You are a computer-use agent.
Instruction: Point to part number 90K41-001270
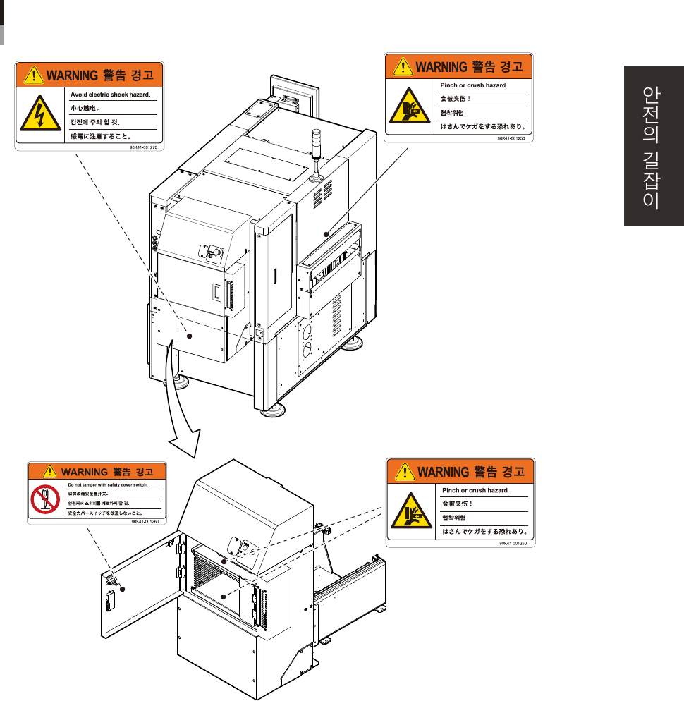[x=145, y=148]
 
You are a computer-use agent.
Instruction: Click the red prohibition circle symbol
[x=44, y=499]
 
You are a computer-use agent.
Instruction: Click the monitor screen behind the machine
[x=295, y=92]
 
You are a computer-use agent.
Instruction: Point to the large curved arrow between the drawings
[x=181, y=409]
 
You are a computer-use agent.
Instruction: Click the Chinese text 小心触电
[x=84, y=109]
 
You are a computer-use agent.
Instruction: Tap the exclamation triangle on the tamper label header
[x=48, y=471]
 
